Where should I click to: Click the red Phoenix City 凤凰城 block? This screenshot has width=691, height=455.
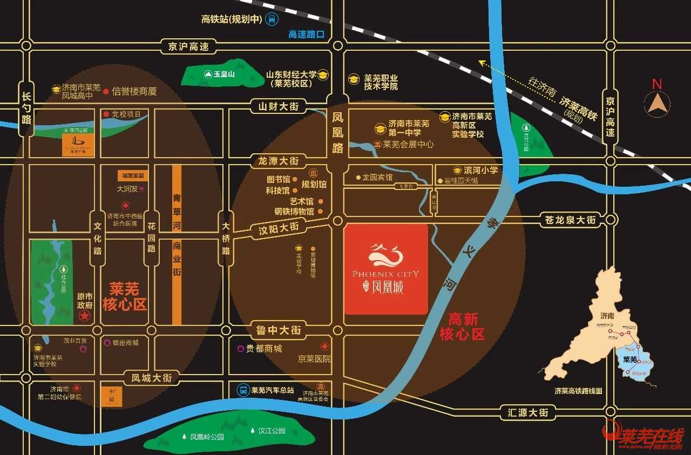click(386, 269)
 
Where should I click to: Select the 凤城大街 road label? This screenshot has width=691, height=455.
click(152, 378)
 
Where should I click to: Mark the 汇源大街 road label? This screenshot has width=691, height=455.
click(528, 412)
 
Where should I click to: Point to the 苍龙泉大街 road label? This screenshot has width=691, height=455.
click(570, 220)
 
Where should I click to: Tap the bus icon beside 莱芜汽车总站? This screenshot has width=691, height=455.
click(243, 390)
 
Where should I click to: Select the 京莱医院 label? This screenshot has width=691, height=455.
click(315, 358)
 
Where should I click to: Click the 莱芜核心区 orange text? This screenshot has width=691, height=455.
click(125, 296)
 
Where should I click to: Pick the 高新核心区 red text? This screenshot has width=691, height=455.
click(463, 327)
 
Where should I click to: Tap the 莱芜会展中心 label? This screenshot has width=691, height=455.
click(408, 145)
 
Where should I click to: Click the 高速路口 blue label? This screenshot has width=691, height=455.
click(306, 35)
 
